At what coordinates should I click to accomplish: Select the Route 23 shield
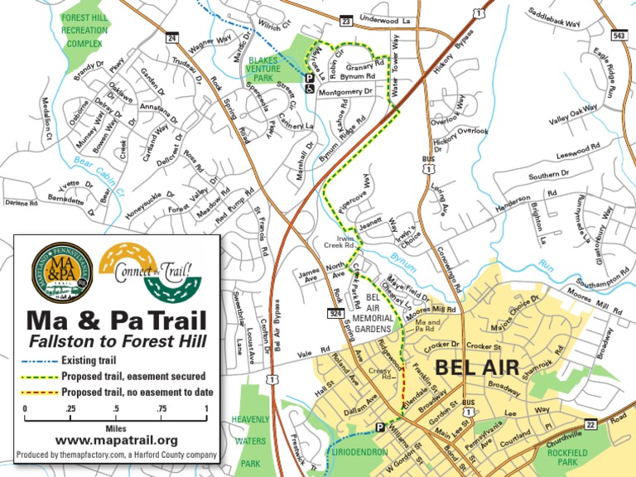345,20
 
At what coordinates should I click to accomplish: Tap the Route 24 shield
172,37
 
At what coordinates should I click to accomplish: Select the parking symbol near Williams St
380,427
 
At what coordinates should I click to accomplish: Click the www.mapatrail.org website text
117,440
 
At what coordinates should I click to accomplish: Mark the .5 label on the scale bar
116,408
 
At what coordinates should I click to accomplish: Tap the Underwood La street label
385,18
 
